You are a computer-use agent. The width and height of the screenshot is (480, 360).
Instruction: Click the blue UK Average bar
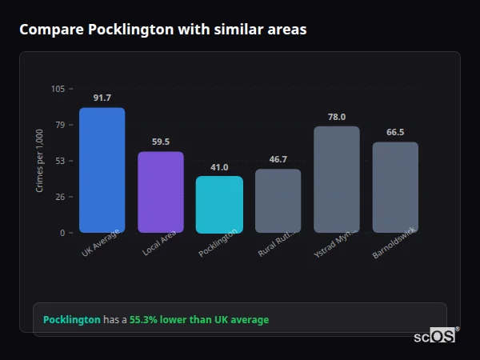click(x=102, y=170)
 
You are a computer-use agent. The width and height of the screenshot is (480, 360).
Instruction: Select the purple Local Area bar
click(x=160, y=192)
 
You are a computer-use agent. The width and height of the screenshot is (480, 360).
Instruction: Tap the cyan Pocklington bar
click(x=219, y=205)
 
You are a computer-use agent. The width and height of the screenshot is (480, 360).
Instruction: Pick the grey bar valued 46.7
click(x=278, y=201)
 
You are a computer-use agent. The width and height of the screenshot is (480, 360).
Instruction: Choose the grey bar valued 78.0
click(x=337, y=179)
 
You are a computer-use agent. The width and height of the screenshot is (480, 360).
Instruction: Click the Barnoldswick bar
click(x=395, y=187)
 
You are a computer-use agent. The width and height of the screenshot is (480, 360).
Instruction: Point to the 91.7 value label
click(x=102, y=98)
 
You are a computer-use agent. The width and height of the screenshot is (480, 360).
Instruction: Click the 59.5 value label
click(x=160, y=142)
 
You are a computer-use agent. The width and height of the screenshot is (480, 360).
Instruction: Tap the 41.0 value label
click(x=219, y=167)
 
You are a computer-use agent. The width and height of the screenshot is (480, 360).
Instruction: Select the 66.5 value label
click(x=395, y=132)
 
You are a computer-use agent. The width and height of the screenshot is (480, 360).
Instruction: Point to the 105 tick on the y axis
click(x=58, y=89)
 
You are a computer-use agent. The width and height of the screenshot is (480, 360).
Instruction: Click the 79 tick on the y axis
click(x=59, y=125)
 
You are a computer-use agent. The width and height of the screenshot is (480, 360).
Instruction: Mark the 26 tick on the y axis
click(x=59, y=197)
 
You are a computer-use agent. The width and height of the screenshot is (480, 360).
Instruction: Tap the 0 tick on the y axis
click(x=62, y=233)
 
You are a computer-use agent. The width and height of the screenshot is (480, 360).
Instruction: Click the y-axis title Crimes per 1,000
click(x=39, y=161)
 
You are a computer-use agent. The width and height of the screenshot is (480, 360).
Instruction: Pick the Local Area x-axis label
click(x=159, y=243)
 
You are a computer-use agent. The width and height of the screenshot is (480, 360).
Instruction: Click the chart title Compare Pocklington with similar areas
click(x=162, y=29)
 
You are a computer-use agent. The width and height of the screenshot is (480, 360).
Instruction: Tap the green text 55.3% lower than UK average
click(x=199, y=319)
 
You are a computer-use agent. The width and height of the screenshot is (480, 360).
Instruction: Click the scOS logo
click(x=435, y=336)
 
